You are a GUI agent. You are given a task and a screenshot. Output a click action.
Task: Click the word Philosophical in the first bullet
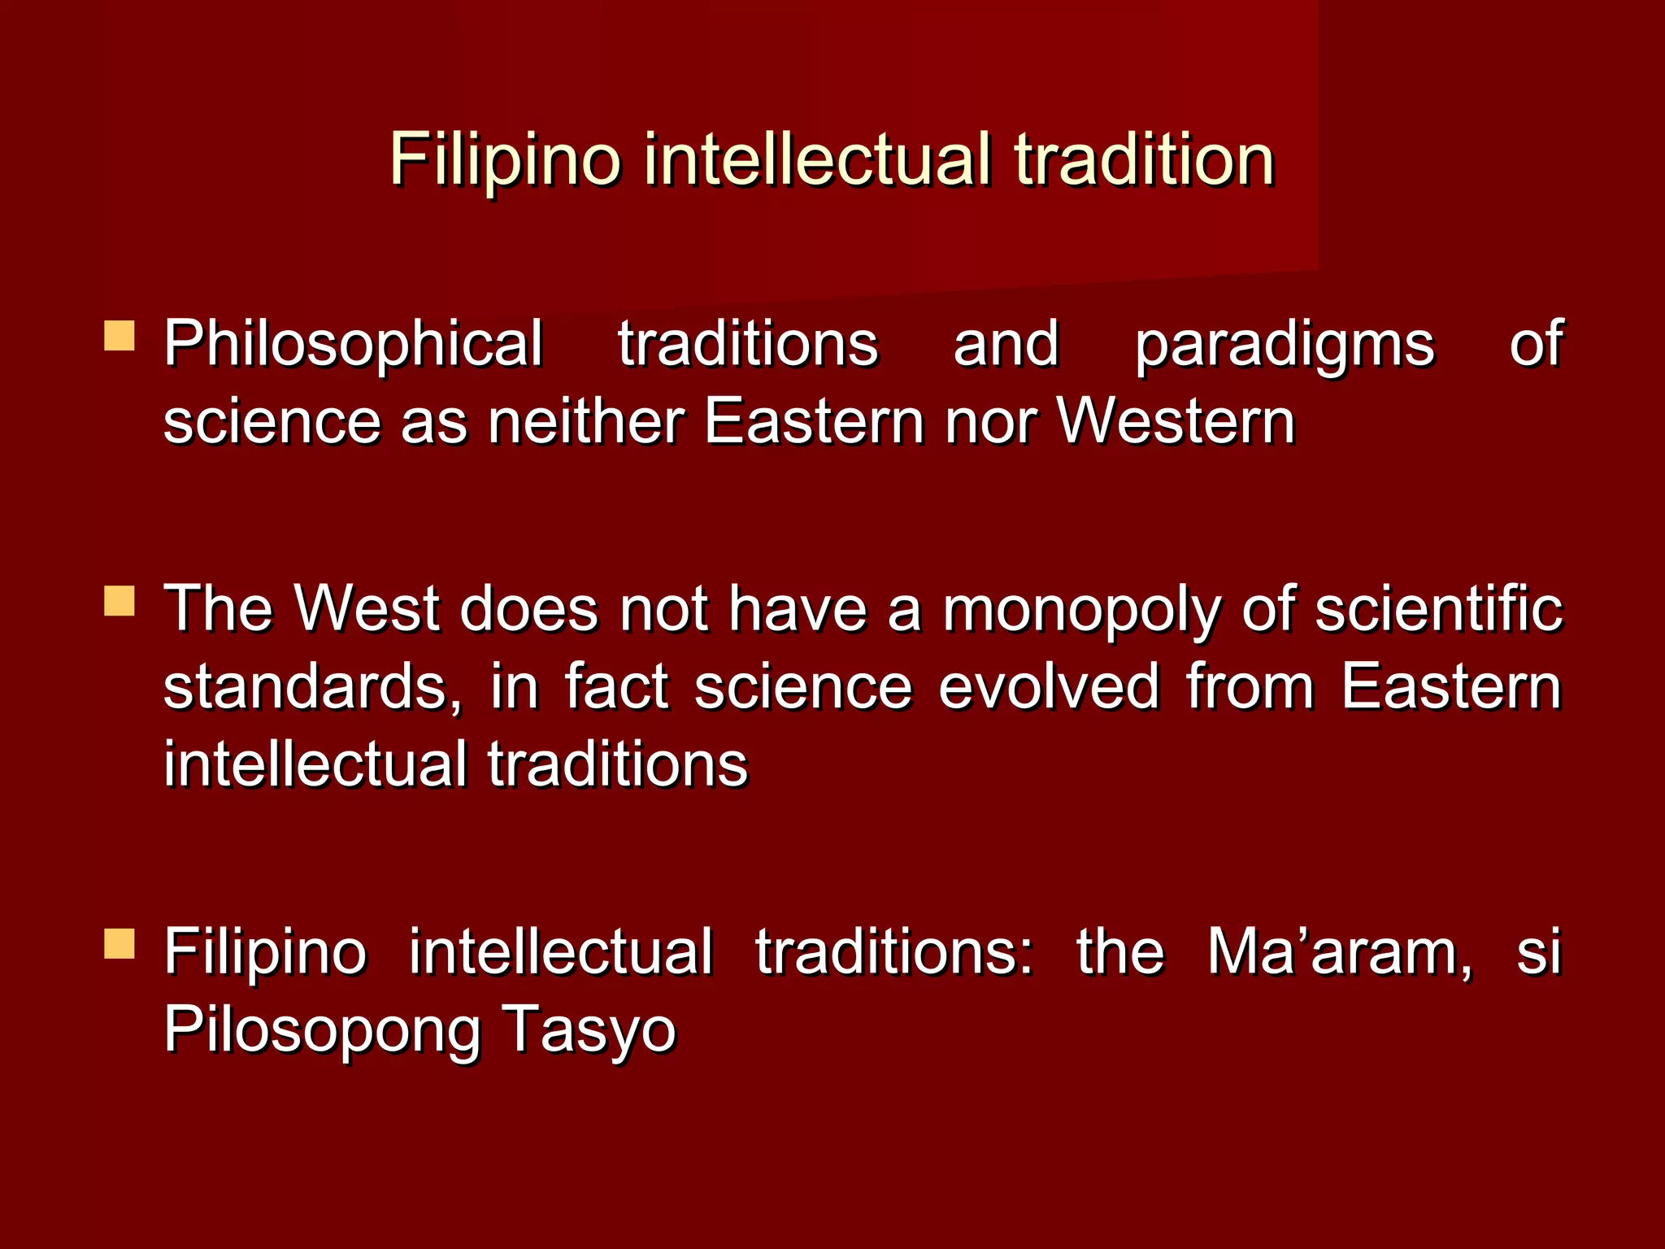pyautogui.click(x=354, y=344)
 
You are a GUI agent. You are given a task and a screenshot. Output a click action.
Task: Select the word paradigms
pyautogui.click(x=1284, y=344)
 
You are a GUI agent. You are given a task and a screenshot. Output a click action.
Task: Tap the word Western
pyautogui.click(x=1176, y=422)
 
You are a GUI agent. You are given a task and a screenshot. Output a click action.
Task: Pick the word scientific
pyautogui.click(x=1438, y=609)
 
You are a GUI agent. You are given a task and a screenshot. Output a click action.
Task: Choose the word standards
pyautogui.click(x=313, y=687)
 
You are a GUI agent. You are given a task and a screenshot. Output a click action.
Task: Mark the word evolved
pyautogui.click(x=1049, y=687)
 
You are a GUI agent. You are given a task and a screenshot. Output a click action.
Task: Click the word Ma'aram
pyautogui.click(x=1338, y=951)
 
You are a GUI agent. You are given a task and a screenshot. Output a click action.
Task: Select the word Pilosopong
pyautogui.click(x=322, y=1029)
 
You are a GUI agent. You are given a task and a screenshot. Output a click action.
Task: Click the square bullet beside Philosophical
pyautogui.click(x=120, y=336)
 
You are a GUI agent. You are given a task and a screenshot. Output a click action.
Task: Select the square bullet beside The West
pyautogui.click(x=120, y=601)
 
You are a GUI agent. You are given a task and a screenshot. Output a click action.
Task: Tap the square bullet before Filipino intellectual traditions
pyautogui.click(x=120, y=944)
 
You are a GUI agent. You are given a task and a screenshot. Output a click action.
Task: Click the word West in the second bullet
pyautogui.click(x=367, y=609)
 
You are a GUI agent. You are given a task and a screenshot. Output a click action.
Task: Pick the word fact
pyautogui.click(x=616, y=687)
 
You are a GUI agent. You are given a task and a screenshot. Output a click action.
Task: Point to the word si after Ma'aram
pyautogui.click(x=1538, y=951)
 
